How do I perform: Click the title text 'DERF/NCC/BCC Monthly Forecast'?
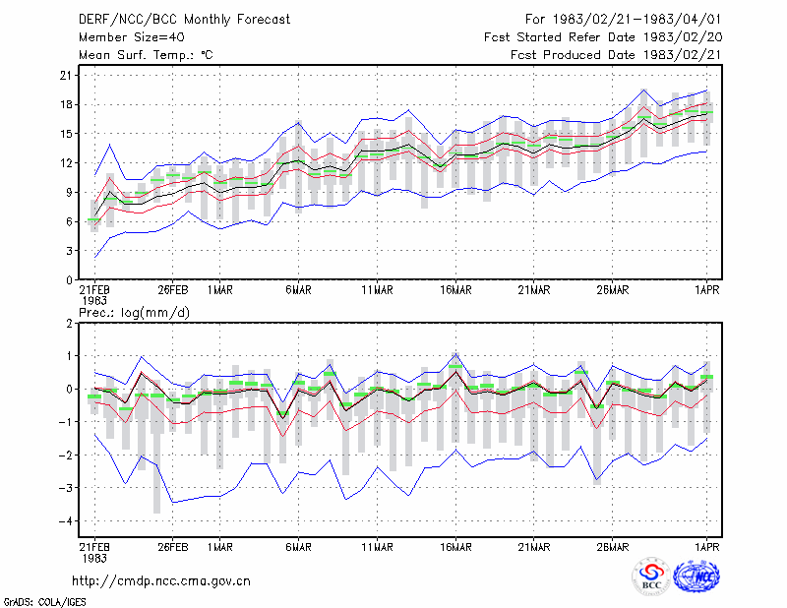[x=184, y=20]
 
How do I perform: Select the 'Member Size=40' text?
[x=132, y=37]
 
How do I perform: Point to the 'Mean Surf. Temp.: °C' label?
[x=146, y=55]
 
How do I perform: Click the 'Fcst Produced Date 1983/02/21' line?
[x=616, y=55]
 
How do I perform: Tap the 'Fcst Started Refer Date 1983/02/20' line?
[x=603, y=37]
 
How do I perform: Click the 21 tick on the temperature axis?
[x=66, y=76]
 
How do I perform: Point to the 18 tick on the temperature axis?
[x=66, y=105]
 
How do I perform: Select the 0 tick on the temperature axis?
[x=69, y=280]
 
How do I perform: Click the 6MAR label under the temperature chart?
[x=298, y=290]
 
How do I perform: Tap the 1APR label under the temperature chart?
[x=706, y=290]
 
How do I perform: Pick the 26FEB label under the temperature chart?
[x=173, y=290]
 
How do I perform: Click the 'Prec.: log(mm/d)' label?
[x=134, y=313]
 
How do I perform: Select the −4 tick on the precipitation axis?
[x=65, y=521]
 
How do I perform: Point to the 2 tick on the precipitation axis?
[x=69, y=324]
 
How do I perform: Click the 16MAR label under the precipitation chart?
[x=455, y=547]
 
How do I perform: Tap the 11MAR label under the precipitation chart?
[x=377, y=547]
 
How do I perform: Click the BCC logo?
[x=651, y=577]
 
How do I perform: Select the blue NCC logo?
[x=697, y=577]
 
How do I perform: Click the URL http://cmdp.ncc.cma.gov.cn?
[x=161, y=581]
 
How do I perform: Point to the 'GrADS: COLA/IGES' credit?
[x=44, y=602]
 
